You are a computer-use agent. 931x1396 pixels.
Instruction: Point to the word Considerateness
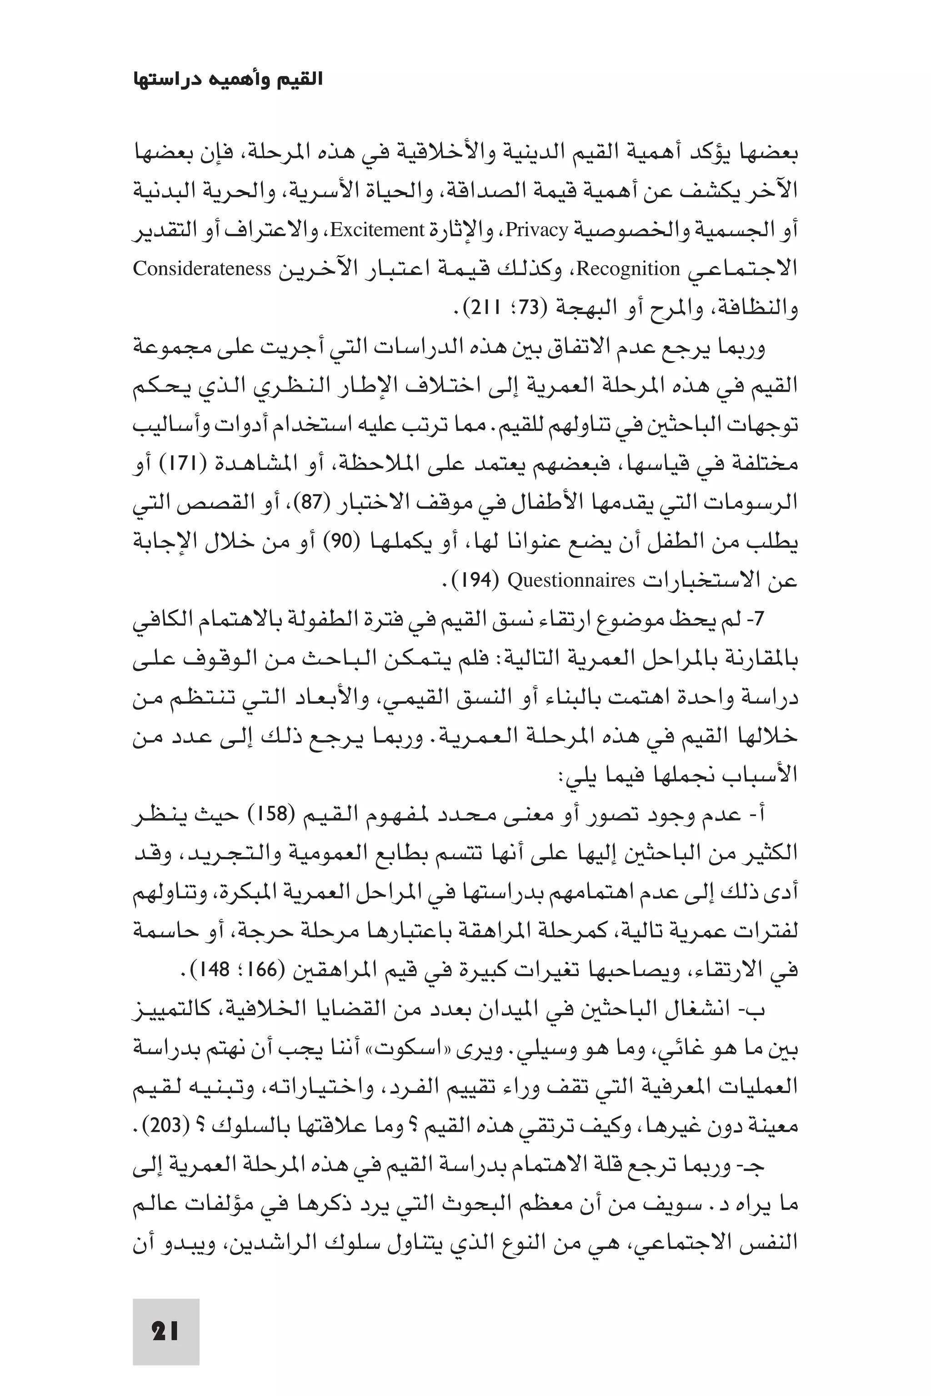click(202, 269)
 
